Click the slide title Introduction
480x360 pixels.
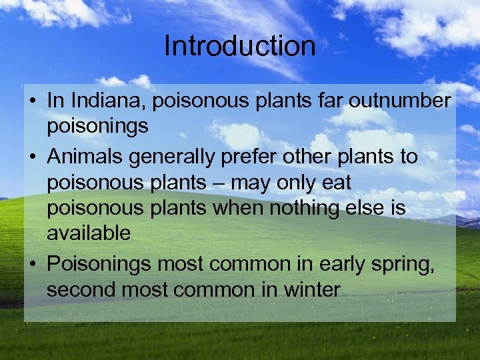pyautogui.click(x=239, y=46)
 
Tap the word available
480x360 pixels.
pyautogui.click(x=89, y=233)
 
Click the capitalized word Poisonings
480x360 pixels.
pyautogui.click(x=99, y=265)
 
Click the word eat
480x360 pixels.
pyautogui.click(x=337, y=183)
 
